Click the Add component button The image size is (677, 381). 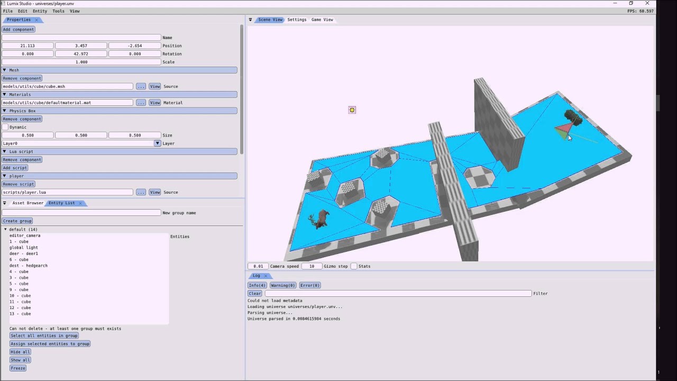(x=19, y=29)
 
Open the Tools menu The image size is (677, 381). (x=58, y=11)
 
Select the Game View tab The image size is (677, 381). (x=322, y=20)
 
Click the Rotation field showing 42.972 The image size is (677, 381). (x=81, y=54)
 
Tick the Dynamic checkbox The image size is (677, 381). (x=5, y=127)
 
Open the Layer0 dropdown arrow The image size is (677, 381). (x=157, y=143)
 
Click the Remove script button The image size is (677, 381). (x=19, y=184)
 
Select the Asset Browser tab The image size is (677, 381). (x=28, y=203)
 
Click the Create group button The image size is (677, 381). (x=17, y=221)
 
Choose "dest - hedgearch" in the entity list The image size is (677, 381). (x=29, y=266)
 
